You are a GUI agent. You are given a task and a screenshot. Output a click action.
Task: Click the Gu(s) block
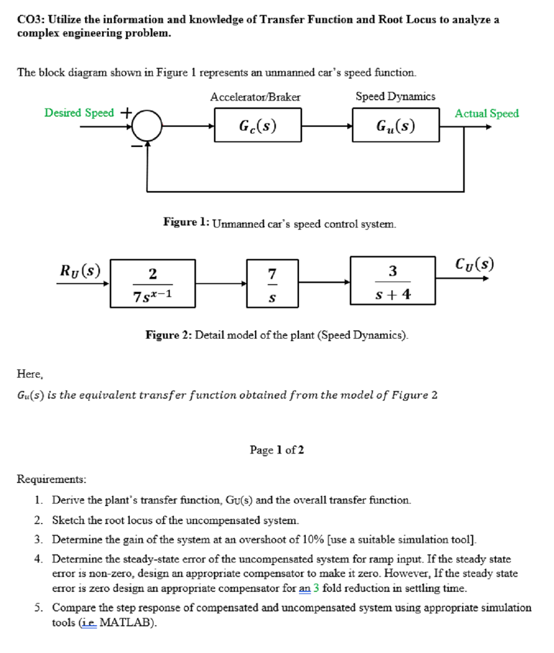[396, 126]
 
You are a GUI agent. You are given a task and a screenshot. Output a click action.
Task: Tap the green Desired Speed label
[79, 113]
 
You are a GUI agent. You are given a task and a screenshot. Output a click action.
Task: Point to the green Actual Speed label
[486, 113]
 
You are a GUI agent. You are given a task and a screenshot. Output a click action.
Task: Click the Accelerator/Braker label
[255, 97]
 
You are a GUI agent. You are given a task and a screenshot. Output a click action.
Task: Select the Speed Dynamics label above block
[395, 97]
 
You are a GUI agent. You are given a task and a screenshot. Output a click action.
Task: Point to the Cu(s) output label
[475, 265]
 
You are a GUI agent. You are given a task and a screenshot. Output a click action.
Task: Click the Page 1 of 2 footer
[277, 450]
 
